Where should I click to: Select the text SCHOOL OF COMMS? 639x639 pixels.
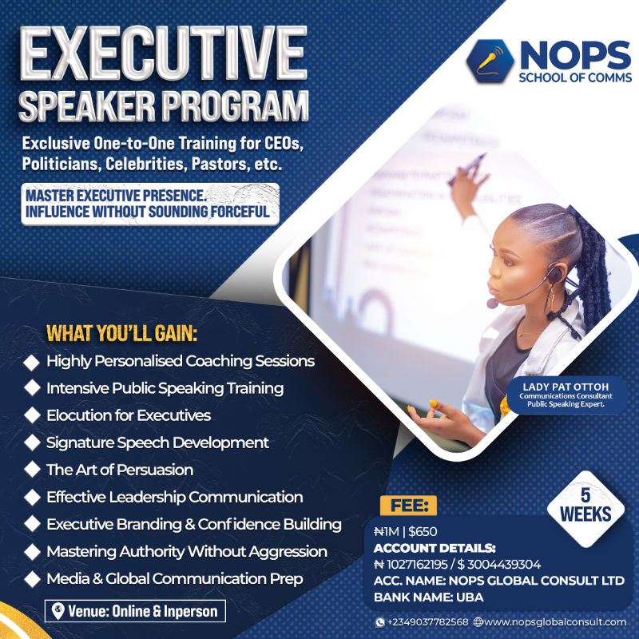point(574,77)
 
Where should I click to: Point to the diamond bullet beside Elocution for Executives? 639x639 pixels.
point(32,415)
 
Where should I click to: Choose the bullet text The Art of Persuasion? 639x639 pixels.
point(120,470)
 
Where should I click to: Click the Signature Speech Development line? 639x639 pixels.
point(157,443)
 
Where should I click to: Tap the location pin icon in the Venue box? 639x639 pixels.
point(58,611)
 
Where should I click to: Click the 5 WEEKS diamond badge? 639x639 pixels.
point(585,506)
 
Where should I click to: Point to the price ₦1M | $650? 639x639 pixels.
point(405,531)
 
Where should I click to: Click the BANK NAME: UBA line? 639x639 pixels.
point(428,597)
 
